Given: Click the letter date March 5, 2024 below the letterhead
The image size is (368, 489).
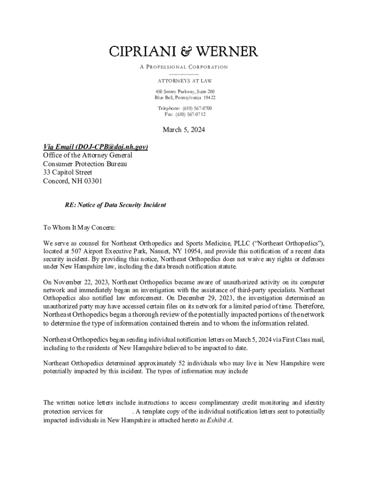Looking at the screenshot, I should [184, 129].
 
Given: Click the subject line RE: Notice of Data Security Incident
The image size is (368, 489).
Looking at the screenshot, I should [115, 205].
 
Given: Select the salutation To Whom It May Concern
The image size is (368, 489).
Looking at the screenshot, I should [76, 228].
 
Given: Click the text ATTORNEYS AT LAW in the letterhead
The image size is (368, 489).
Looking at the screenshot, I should [184, 81].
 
